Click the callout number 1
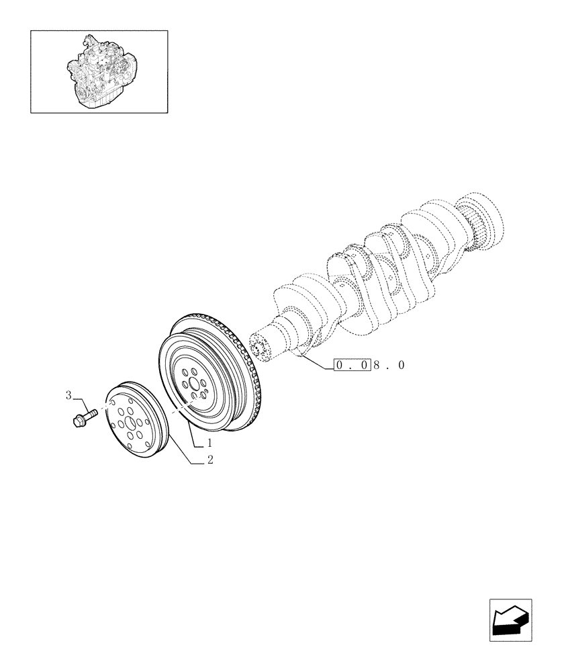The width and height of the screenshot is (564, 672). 209,444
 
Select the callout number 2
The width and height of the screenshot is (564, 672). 210,460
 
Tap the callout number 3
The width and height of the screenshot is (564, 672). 68,395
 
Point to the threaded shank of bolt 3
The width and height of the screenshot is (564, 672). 91,413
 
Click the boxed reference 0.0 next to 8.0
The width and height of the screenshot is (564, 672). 351,366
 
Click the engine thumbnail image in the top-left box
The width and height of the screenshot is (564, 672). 99,71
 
